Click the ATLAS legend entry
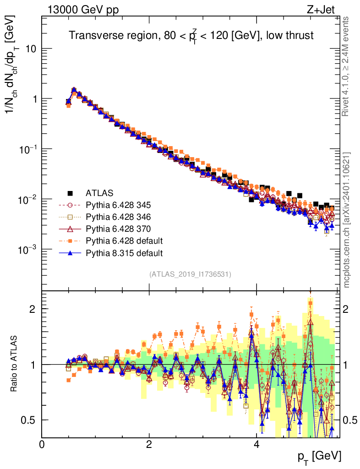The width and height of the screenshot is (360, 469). pos(99,193)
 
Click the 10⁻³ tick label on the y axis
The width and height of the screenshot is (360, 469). pos(27,250)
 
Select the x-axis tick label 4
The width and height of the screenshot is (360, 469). pos(256,444)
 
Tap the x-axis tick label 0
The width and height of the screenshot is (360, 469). pos(42,444)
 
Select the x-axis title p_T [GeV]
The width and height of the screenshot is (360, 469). pos(320,456)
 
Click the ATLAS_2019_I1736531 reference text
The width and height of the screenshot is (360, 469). pos(190,274)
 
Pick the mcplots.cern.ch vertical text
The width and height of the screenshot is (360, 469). pos(347,220)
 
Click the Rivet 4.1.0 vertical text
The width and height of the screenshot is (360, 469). pos(347,66)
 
